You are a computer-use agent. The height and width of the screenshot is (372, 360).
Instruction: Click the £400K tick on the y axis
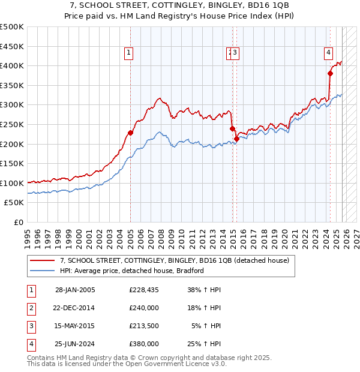coord(12,66)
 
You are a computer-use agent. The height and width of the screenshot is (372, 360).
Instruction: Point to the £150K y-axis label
coord(12,163)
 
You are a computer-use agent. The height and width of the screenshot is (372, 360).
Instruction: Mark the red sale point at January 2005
coord(130,133)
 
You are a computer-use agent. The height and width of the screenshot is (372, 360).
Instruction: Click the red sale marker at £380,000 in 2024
coord(330,73)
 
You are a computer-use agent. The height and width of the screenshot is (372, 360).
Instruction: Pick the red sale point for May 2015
coord(236,139)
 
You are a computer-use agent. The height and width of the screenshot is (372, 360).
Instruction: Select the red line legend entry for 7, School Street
coord(174,260)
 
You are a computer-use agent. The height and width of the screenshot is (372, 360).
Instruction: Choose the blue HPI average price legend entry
coord(132,271)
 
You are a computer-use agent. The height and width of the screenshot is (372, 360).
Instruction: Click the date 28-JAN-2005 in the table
coord(75,290)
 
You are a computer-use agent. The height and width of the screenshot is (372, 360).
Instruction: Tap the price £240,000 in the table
coord(144,308)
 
